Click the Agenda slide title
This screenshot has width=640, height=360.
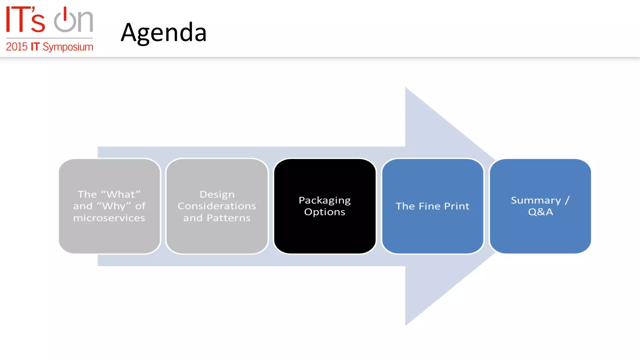coord(163,33)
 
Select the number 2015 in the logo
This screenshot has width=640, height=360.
coord(17,47)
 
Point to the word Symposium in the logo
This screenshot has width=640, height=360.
coord(68,47)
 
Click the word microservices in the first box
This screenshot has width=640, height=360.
coord(109,218)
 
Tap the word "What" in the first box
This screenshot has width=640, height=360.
coord(121,194)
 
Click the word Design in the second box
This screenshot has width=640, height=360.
coord(217,194)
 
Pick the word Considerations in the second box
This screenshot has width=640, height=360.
coord(217,206)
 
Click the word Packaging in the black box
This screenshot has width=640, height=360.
coord(324,200)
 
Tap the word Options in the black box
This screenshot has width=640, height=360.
coord(324,212)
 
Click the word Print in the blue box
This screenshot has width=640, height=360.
coord(457,206)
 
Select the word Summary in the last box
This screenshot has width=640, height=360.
coord(536,200)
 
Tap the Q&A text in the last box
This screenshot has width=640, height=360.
coord(540,212)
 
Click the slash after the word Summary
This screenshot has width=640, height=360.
coord(567,200)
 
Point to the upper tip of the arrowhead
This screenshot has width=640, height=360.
coord(406,88)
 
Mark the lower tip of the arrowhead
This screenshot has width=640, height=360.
coord(406,324)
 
